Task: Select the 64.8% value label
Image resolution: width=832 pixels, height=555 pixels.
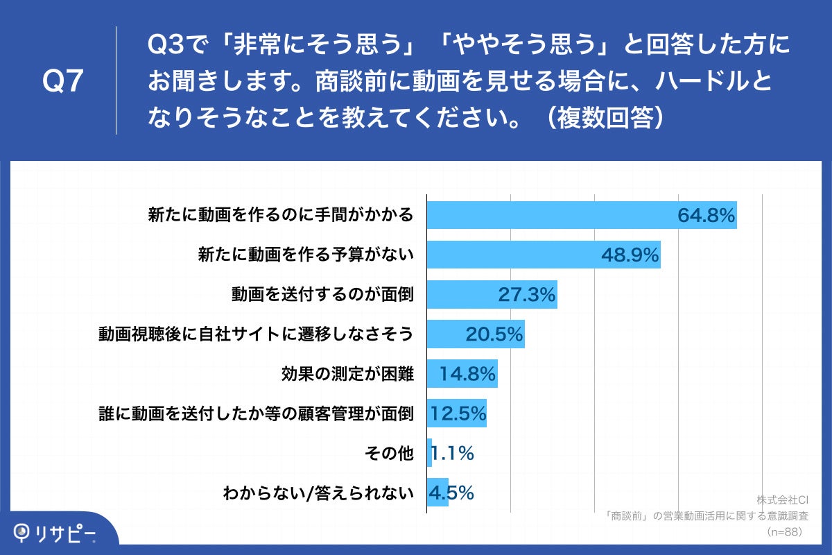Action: click(x=706, y=216)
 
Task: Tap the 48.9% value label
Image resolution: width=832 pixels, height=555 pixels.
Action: click(x=630, y=255)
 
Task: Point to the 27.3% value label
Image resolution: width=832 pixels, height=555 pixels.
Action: click(x=527, y=295)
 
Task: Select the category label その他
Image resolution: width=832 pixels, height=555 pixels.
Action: click(x=388, y=454)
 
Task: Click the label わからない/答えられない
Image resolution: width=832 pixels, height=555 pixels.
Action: click(x=318, y=493)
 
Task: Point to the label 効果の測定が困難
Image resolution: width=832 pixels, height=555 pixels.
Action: click(x=347, y=375)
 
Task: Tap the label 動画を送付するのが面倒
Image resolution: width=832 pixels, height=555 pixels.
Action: click(x=322, y=296)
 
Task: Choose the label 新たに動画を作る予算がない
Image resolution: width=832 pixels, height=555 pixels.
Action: click(x=306, y=256)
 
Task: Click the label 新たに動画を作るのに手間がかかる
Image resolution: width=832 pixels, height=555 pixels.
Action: click(x=281, y=216)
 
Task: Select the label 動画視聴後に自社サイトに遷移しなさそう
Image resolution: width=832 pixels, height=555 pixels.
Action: click(x=256, y=335)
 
